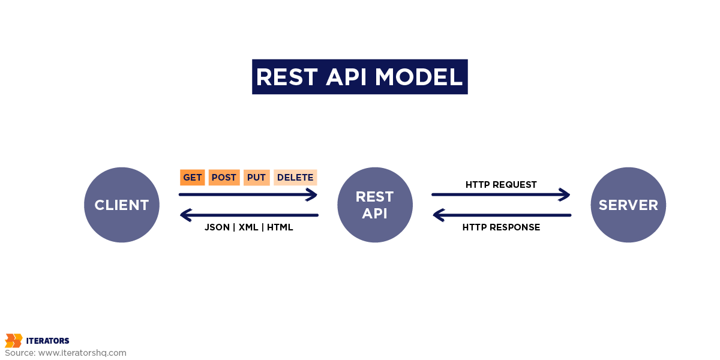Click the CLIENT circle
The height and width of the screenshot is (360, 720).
pyautogui.click(x=122, y=205)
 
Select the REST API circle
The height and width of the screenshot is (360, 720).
pyautogui.click(x=375, y=205)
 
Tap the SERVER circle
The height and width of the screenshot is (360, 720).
pyautogui.click(x=628, y=205)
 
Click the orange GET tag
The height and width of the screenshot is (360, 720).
pyautogui.click(x=192, y=178)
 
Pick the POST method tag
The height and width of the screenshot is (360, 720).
pyautogui.click(x=224, y=178)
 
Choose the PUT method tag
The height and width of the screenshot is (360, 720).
pyautogui.click(x=257, y=178)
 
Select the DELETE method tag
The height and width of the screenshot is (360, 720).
pyautogui.click(x=295, y=178)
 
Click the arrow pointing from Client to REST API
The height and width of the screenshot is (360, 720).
pyautogui.click(x=248, y=194)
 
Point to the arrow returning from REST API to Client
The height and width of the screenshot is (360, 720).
pyautogui.click(x=249, y=215)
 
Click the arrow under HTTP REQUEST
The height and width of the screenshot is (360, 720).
pyautogui.click(x=501, y=194)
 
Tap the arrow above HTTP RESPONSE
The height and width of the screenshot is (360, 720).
pyautogui.click(x=502, y=215)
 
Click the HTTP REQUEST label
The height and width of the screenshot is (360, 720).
pyautogui.click(x=501, y=185)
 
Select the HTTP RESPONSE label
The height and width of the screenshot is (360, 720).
pyautogui.click(x=501, y=227)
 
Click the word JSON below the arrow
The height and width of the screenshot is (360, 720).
pyautogui.click(x=217, y=227)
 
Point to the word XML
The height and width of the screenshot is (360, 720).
pyautogui.click(x=248, y=227)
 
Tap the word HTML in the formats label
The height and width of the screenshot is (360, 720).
pyautogui.click(x=280, y=227)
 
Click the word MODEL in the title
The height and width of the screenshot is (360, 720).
pyautogui.click(x=419, y=77)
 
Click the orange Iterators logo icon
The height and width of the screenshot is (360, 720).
pyautogui.click(x=14, y=341)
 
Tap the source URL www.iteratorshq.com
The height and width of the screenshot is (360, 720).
pyautogui.click(x=82, y=353)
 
